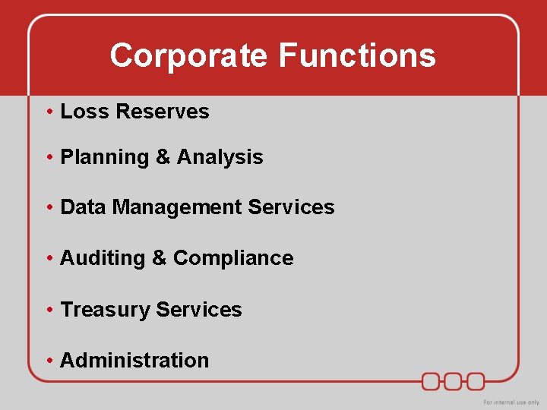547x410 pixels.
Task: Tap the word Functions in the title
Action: click(x=357, y=56)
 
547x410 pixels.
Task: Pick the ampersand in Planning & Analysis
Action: click(x=163, y=158)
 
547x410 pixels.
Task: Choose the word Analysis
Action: click(x=220, y=158)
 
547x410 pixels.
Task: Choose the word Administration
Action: click(x=134, y=361)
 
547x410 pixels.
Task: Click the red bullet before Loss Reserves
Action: click(x=49, y=112)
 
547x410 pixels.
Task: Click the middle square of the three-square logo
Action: click(x=454, y=380)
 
